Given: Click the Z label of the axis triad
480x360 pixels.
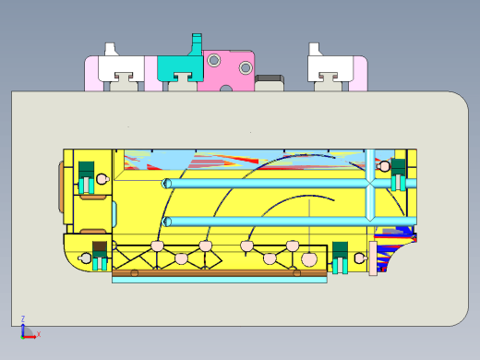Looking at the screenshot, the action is click(x=23, y=318).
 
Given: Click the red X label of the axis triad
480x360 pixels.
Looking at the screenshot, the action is click(x=39, y=334).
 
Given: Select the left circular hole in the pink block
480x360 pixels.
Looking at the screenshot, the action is click(x=213, y=60).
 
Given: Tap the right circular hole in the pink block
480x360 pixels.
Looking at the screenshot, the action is click(x=246, y=67).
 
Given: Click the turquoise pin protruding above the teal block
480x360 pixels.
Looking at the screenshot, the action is click(x=196, y=43).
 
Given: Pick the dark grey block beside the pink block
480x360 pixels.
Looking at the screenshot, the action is click(x=270, y=82).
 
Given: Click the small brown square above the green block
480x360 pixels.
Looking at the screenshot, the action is click(x=100, y=246).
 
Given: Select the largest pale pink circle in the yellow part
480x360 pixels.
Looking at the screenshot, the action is click(x=309, y=259).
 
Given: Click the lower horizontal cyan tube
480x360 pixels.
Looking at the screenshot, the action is click(x=289, y=222).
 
